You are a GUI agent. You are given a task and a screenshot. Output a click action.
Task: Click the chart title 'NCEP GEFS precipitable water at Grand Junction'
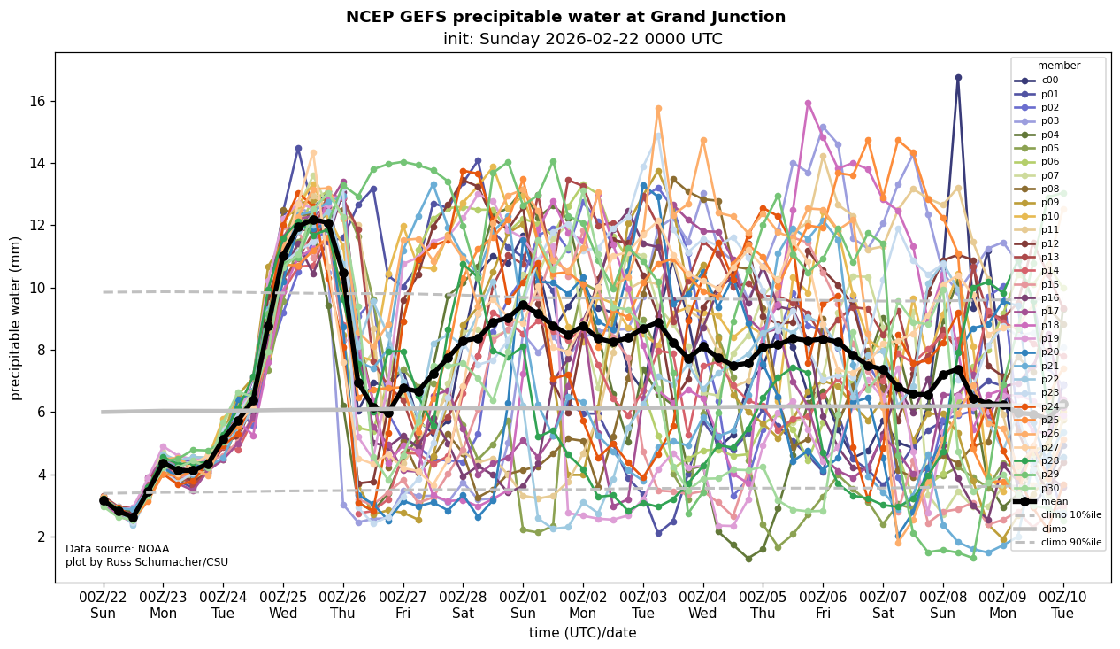pyautogui.click(x=565, y=17)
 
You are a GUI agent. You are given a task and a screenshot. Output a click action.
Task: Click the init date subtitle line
pyautogui.click(x=582, y=39)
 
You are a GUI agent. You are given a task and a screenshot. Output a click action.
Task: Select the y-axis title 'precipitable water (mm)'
pyautogui.click(x=15, y=318)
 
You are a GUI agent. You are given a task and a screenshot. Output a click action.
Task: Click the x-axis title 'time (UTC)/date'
pyautogui.click(x=582, y=632)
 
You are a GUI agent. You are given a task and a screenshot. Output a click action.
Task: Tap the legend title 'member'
pyautogui.click(x=1058, y=66)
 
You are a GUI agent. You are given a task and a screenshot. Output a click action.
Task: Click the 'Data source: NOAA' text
pyautogui.click(x=117, y=549)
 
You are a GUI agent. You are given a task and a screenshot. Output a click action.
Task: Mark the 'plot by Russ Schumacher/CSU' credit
pyautogui.click(x=147, y=562)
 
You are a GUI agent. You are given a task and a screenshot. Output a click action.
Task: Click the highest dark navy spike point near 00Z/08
pyautogui.click(x=958, y=78)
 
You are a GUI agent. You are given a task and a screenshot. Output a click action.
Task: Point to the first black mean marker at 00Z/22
pyautogui.click(x=104, y=501)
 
